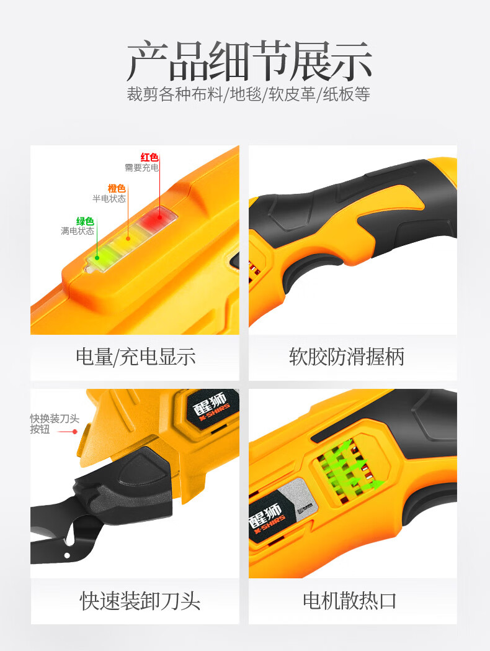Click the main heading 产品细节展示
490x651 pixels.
coord(249,61)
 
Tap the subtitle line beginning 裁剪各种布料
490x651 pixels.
coord(248,94)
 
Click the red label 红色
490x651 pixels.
coord(149,157)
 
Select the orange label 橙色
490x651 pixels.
coord(117,188)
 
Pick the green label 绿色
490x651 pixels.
coord(85,221)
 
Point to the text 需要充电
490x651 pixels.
coord(142,168)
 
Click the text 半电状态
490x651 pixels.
coord(109,199)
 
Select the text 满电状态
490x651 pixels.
coord(78,231)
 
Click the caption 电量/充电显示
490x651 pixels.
coord(135,357)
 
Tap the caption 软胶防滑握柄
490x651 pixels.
coord(347,357)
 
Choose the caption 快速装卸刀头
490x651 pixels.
coord(140,601)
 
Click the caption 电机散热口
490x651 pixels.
coord(349,601)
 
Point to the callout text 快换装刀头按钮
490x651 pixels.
coord(55,424)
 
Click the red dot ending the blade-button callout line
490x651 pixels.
coord(74,432)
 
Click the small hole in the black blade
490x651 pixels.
coord(67,555)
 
